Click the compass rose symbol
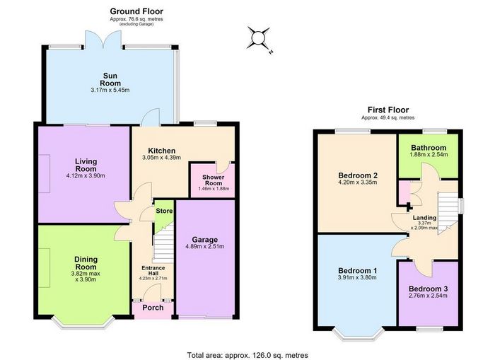click(259, 38)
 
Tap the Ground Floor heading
click(136, 11)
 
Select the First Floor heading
click(388, 110)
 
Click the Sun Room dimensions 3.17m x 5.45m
click(110, 90)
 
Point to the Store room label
click(165, 211)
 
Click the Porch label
click(153, 308)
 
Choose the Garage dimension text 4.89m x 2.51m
click(205, 247)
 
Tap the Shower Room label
click(214, 180)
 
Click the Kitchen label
click(162, 151)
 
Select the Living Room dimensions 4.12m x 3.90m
click(86, 175)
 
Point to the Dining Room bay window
click(83, 323)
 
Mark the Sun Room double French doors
click(103, 40)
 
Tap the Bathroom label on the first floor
click(429, 148)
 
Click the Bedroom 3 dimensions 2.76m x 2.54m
click(428, 296)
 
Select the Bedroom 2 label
click(358, 175)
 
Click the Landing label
click(424, 218)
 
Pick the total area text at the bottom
click(248, 355)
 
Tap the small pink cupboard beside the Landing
click(404, 192)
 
